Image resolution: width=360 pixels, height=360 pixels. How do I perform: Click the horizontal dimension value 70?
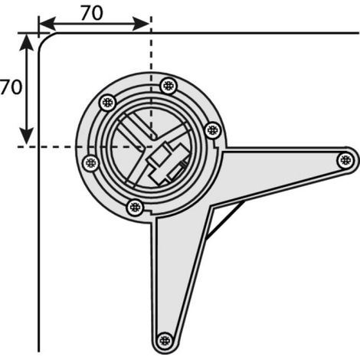92,13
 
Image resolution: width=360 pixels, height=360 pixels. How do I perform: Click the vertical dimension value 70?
11,87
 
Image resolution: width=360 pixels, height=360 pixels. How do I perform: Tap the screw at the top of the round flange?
169,86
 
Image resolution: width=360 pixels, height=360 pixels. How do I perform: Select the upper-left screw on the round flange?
107,103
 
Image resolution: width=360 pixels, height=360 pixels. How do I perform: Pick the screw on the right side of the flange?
213,130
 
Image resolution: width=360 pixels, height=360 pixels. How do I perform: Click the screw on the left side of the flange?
91,163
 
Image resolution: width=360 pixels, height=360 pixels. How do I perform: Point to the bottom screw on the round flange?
136,208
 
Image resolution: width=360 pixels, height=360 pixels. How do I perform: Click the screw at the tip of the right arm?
345,160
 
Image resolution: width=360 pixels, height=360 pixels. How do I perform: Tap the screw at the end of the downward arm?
165,341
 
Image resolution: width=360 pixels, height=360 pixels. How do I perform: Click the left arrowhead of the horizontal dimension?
47,25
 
